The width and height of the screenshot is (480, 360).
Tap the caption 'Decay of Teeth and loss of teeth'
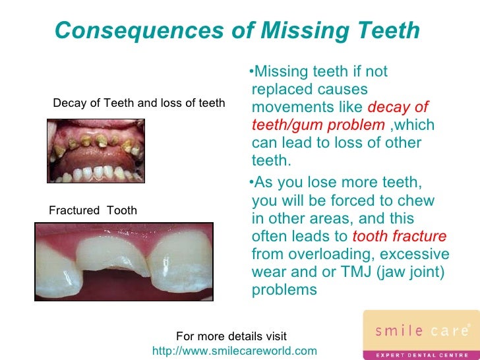click(x=138, y=103)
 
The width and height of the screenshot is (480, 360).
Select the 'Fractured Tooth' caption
click(x=93, y=210)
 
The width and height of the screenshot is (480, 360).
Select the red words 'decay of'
click(x=398, y=107)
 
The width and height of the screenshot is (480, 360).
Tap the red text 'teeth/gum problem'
click(x=318, y=125)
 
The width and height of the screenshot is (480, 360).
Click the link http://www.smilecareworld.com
click(x=234, y=350)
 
